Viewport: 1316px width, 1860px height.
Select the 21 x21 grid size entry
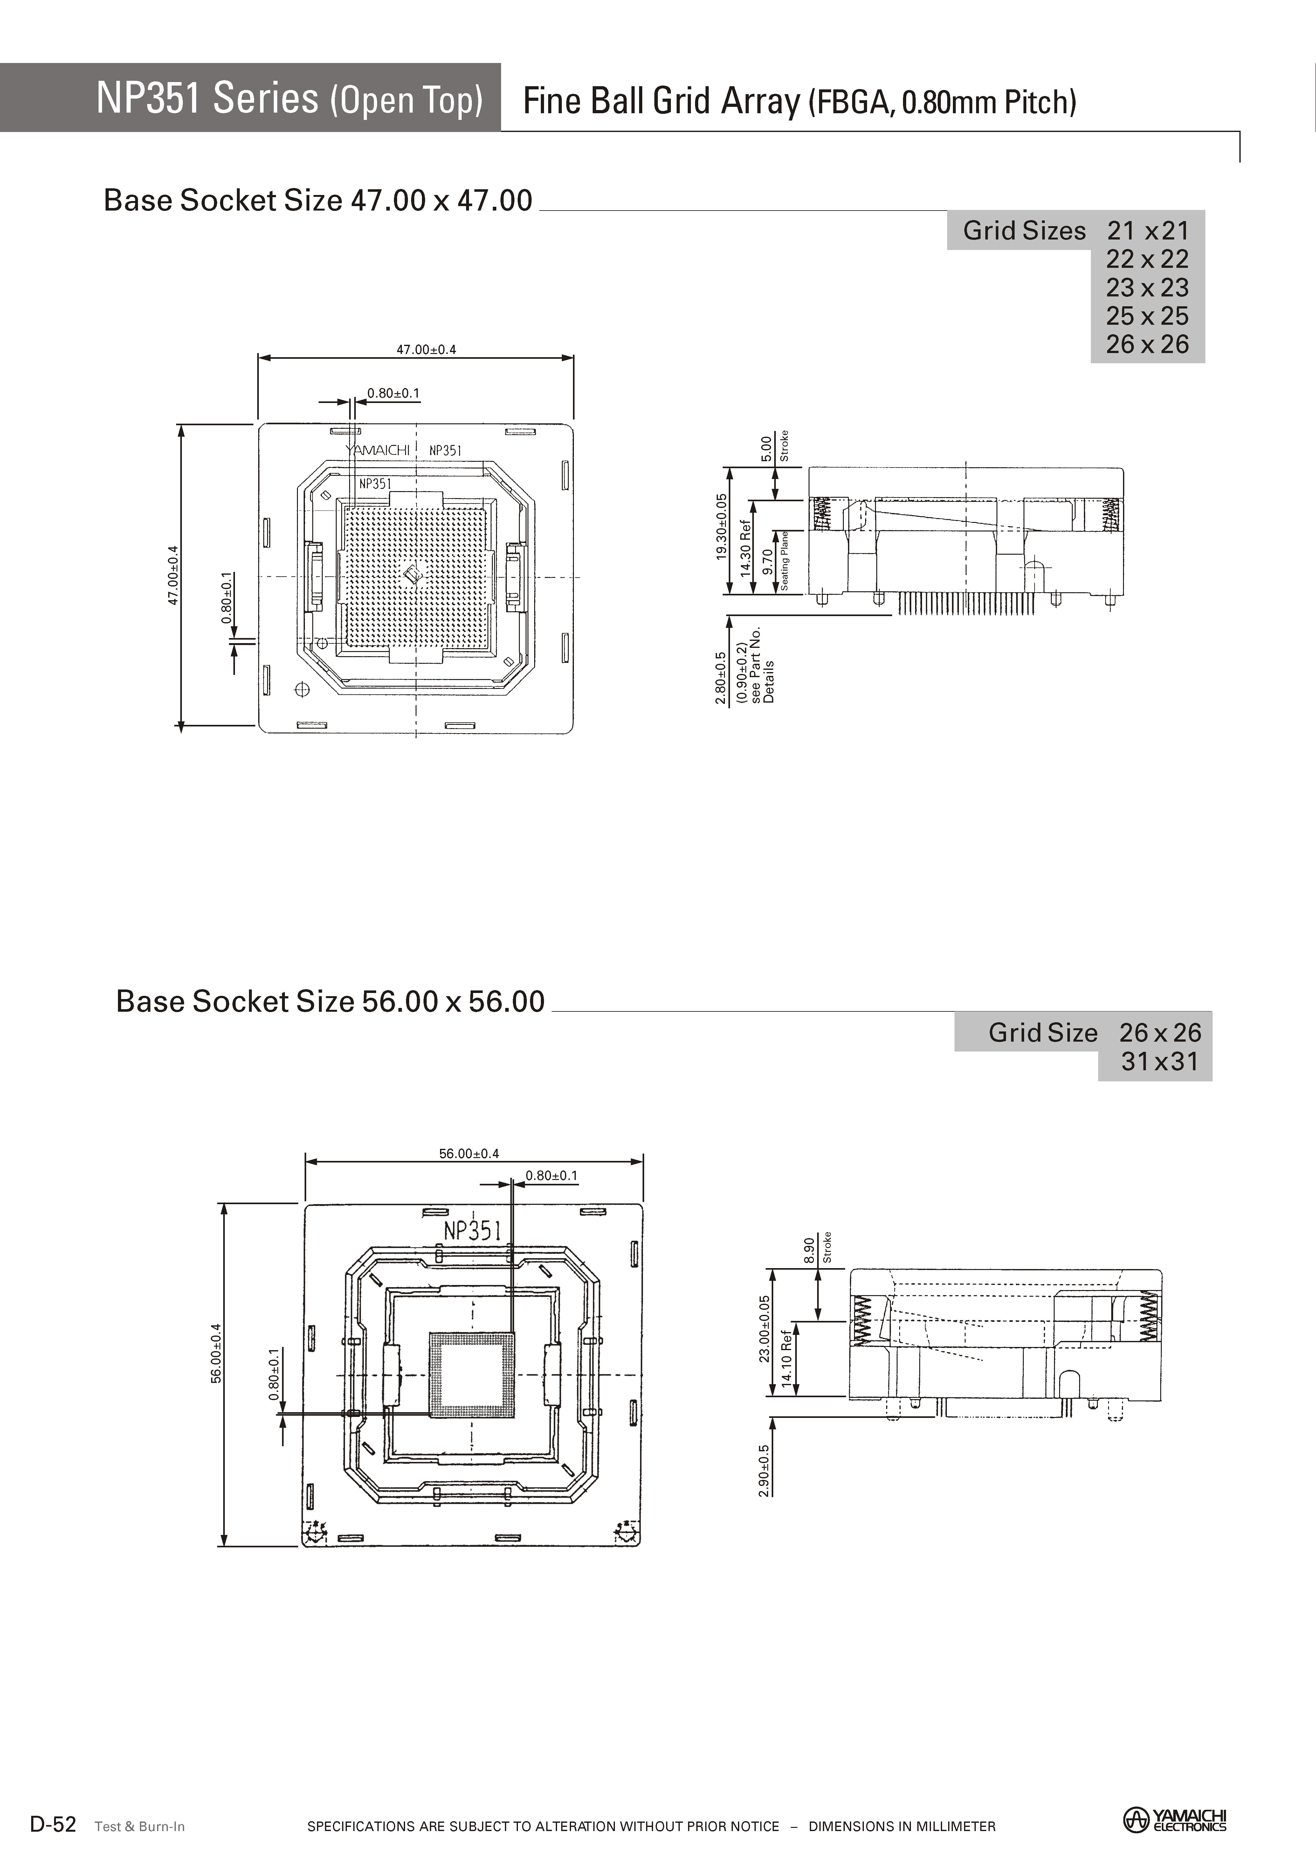tap(1147, 231)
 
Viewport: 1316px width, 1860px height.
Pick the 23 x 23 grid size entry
tap(1147, 288)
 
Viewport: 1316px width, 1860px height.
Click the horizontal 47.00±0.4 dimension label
tap(426, 349)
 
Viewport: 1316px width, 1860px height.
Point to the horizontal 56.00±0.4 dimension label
tap(469, 1153)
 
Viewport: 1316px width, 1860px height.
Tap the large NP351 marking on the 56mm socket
tap(472, 1230)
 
